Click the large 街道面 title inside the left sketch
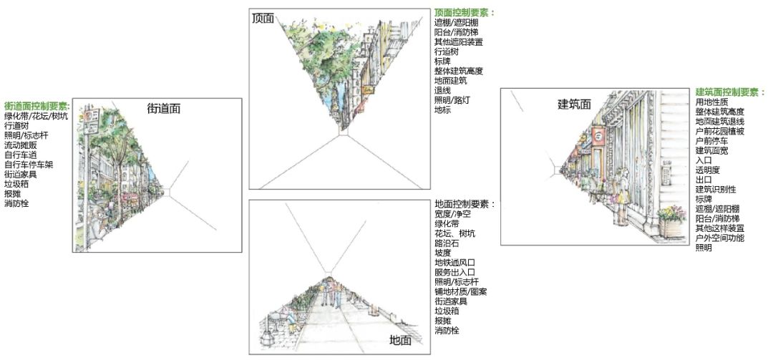click(x=164, y=109)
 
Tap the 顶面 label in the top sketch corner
click(x=263, y=18)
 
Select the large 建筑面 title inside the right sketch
click(x=575, y=104)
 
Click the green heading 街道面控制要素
click(x=36, y=105)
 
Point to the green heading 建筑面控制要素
click(x=729, y=92)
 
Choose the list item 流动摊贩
click(x=22, y=145)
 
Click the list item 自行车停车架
click(x=29, y=165)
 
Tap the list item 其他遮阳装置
click(x=459, y=42)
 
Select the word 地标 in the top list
click(x=442, y=110)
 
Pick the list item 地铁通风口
click(x=455, y=263)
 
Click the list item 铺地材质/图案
click(x=461, y=292)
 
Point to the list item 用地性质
click(x=711, y=102)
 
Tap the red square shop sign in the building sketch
click(x=600, y=135)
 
